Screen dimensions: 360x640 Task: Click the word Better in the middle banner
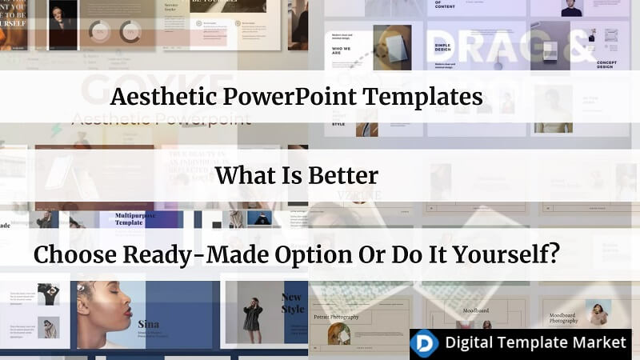tap(340, 174)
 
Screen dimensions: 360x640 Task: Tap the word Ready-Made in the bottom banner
tap(203, 254)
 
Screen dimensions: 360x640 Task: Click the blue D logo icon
tap(425, 342)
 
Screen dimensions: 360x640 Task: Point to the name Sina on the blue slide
tap(148, 324)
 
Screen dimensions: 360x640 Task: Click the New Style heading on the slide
tap(292, 303)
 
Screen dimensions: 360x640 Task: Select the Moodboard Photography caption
tap(562, 319)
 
